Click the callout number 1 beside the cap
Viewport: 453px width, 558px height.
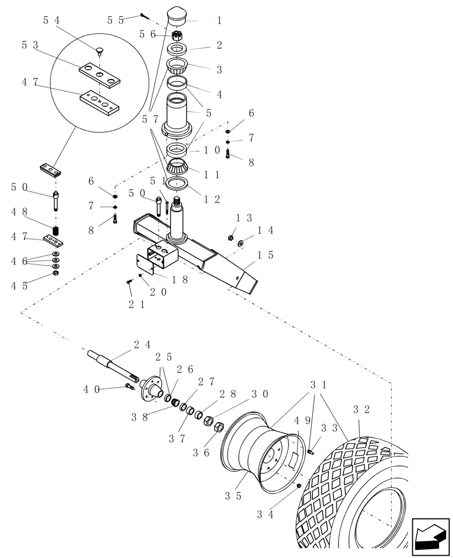pos(219,21)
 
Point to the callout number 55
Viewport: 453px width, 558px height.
pos(115,20)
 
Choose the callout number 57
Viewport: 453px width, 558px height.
pos(150,118)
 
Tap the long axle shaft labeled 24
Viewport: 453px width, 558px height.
pos(109,363)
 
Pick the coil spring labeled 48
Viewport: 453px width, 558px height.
pos(56,230)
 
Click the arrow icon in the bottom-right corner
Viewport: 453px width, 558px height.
pos(430,537)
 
